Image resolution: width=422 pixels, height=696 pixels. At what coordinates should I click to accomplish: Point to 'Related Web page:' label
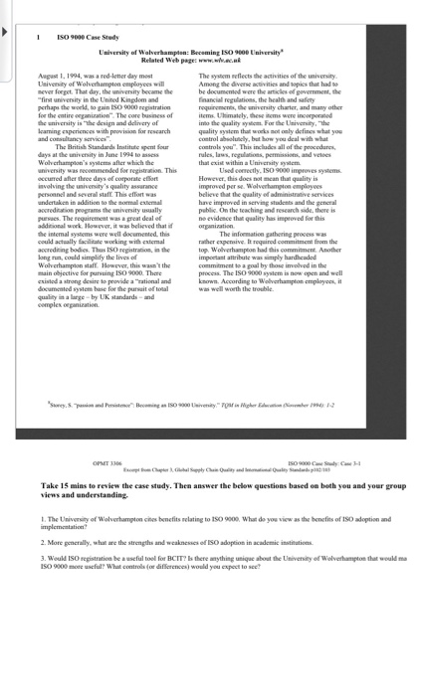click(x=178, y=60)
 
